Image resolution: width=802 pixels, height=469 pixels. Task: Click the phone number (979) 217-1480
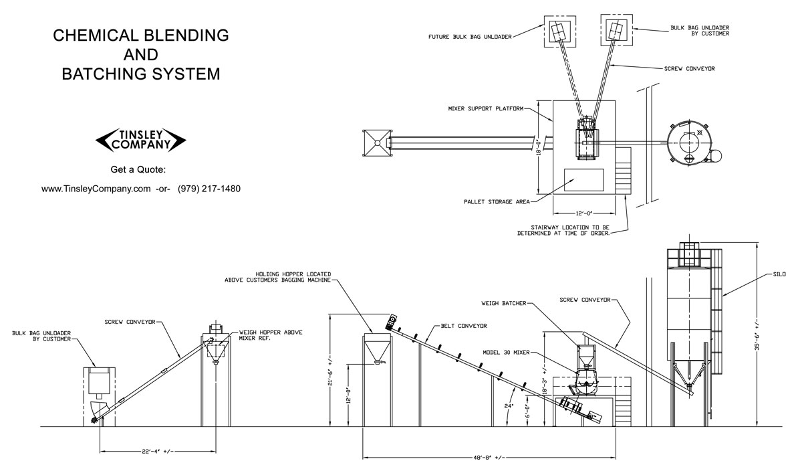pos(209,189)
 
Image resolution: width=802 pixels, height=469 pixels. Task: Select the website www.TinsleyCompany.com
pos(96,189)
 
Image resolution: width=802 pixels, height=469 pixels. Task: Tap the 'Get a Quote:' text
pos(141,169)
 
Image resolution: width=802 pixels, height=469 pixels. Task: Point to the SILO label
pos(778,274)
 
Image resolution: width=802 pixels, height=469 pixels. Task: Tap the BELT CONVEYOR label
pos(463,326)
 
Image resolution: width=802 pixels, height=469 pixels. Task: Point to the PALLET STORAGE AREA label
pos(497,201)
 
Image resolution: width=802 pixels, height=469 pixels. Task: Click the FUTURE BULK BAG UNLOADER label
pos(470,37)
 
